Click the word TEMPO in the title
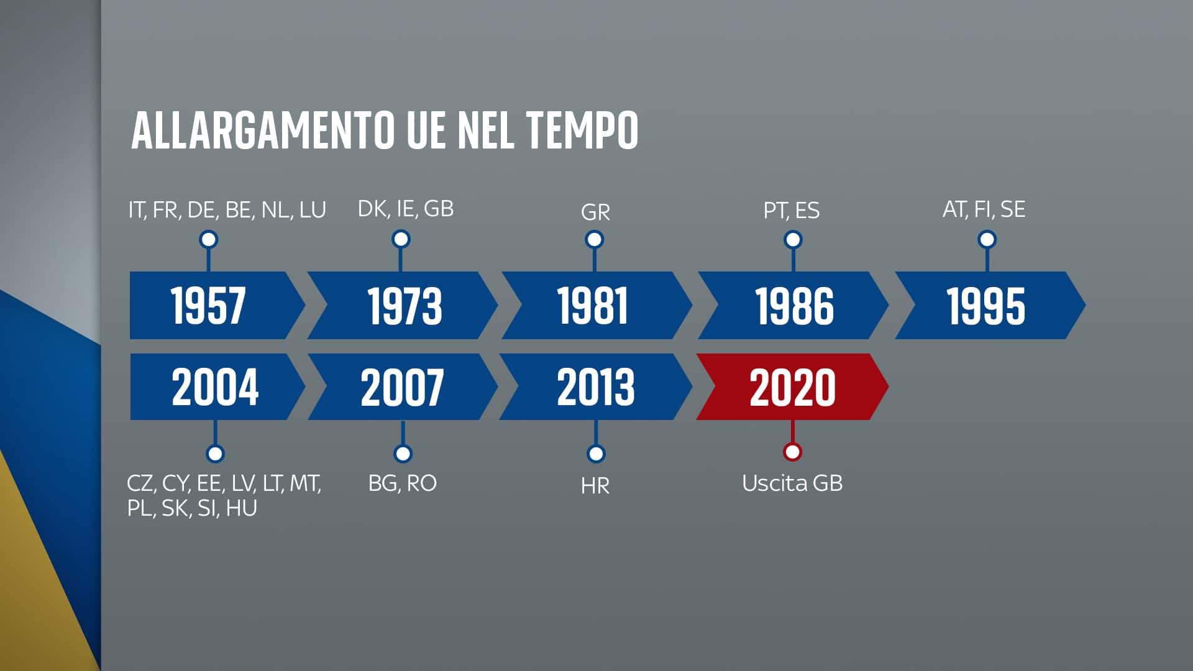tap(582, 130)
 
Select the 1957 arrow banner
tap(209, 305)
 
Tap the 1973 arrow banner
tap(404, 305)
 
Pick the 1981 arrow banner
tap(593, 305)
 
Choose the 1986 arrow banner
tap(793, 305)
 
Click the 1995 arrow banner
tap(986, 305)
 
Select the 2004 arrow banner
tap(214, 386)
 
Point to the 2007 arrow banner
tap(402, 386)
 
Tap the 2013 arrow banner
tap(595, 386)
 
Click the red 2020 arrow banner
tap(792, 386)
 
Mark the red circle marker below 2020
tap(792, 452)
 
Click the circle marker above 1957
tap(209, 239)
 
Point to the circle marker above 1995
tap(987, 239)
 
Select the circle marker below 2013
tap(596, 454)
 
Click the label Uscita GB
tap(792, 483)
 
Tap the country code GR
tap(595, 212)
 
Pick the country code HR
tap(595, 486)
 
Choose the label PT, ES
tap(792, 211)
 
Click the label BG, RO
tap(403, 483)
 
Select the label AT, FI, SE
tap(984, 209)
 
